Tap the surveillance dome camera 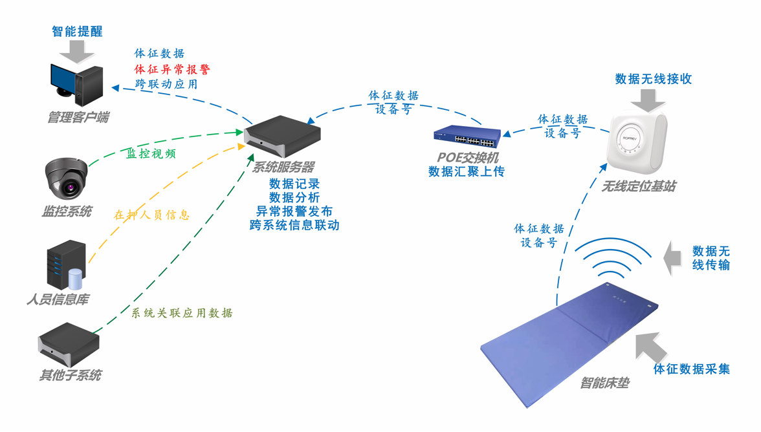pos(66,177)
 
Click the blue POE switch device pos(467,136)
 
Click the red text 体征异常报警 pos(172,69)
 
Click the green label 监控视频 pos(151,153)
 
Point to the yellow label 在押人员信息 pos(151,215)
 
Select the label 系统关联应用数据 pos(182,313)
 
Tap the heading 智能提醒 pos(77,31)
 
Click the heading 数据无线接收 pos(654,78)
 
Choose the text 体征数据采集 pos(692,369)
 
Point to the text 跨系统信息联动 pos(294,225)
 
